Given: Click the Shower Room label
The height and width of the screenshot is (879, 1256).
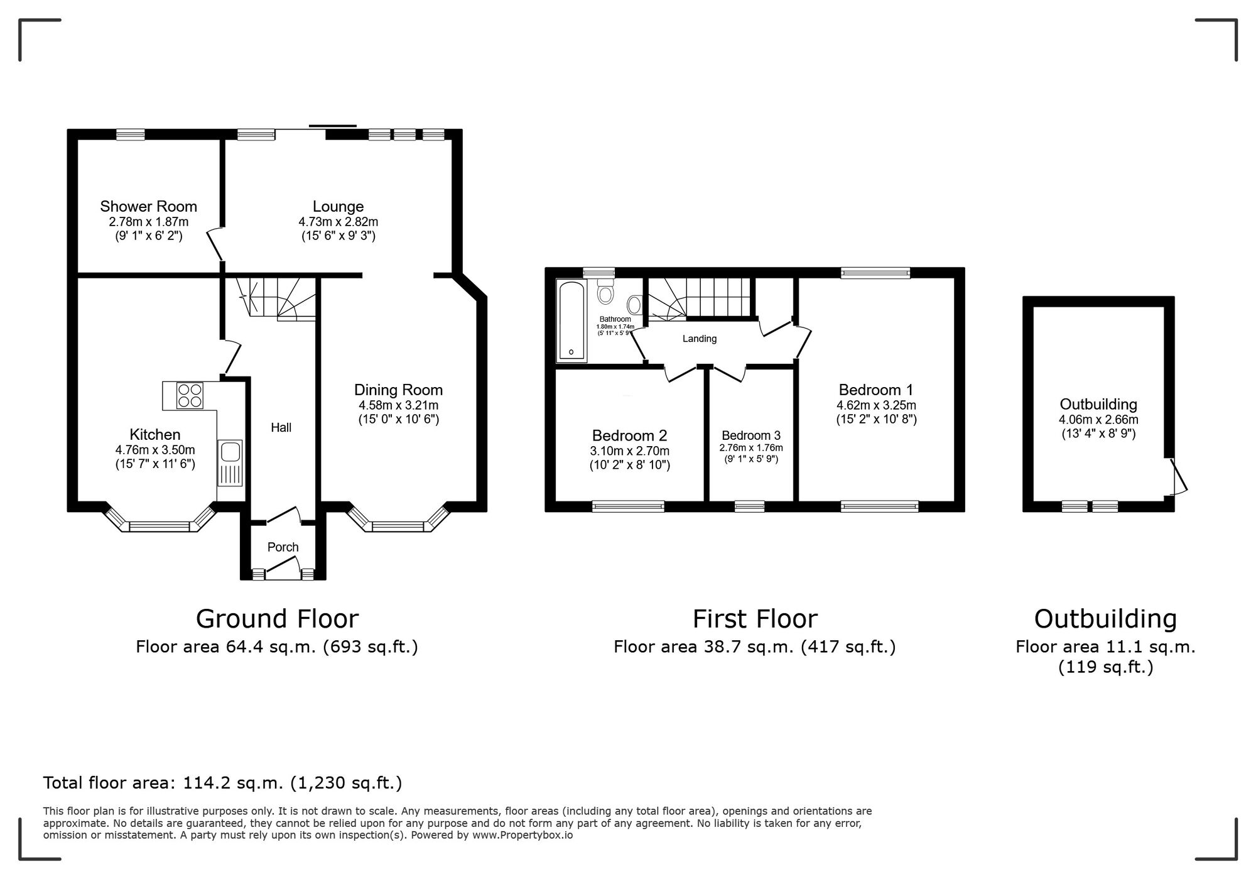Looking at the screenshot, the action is [x=148, y=206].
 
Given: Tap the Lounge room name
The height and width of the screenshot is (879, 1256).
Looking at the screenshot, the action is [x=338, y=206].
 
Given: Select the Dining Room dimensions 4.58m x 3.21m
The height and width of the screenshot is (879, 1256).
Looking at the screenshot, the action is [x=398, y=405].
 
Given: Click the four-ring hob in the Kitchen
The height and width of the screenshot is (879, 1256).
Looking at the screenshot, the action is [x=190, y=396].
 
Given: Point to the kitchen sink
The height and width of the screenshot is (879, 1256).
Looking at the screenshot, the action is [x=230, y=463].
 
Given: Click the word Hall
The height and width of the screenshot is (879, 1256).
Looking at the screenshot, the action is [x=281, y=428].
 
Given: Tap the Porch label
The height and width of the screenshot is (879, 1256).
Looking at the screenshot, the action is [x=283, y=547].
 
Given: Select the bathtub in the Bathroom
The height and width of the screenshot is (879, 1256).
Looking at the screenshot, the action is [x=571, y=321].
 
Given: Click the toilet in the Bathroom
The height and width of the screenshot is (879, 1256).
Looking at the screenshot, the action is [x=605, y=291].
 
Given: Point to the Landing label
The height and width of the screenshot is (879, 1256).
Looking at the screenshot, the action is [x=700, y=339].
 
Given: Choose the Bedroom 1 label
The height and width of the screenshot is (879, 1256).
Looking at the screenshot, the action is [x=876, y=390].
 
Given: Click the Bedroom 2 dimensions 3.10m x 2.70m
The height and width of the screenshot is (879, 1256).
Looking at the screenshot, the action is [x=629, y=451].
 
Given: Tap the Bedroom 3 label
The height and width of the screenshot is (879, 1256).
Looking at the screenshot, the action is [x=751, y=435].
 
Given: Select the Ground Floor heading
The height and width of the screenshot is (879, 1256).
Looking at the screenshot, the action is [x=277, y=619].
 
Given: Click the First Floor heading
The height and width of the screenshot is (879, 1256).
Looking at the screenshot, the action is [x=755, y=619].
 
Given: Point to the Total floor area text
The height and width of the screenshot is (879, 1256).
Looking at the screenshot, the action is [x=222, y=783].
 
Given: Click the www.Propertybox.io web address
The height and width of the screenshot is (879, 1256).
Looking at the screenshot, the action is [x=522, y=836].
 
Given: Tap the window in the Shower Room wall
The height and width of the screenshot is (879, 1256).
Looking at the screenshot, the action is [x=131, y=134].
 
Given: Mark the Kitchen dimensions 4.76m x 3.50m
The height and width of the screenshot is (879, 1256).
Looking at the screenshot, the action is [x=155, y=450].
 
